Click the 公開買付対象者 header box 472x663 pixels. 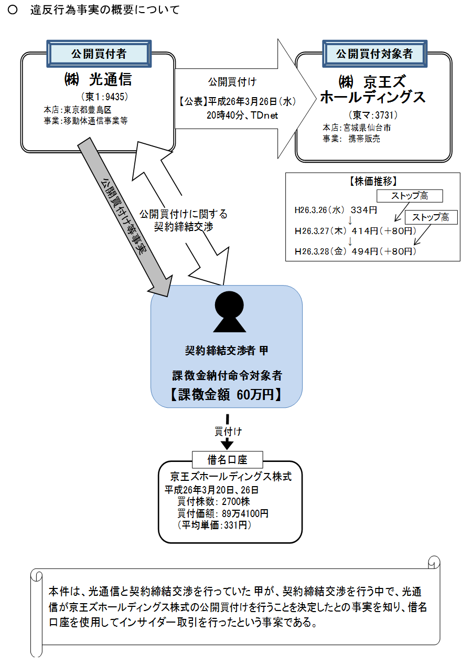(x=374, y=54)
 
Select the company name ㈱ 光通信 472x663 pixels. (x=98, y=80)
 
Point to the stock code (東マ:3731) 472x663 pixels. (x=373, y=115)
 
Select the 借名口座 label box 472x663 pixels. (x=227, y=460)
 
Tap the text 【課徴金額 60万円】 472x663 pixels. (x=226, y=395)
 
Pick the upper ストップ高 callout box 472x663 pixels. (x=410, y=196)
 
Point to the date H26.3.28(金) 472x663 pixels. (x=321, y=251)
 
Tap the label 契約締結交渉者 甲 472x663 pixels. (x=227, y=351)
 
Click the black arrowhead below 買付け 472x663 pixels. (x=227, y=444)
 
